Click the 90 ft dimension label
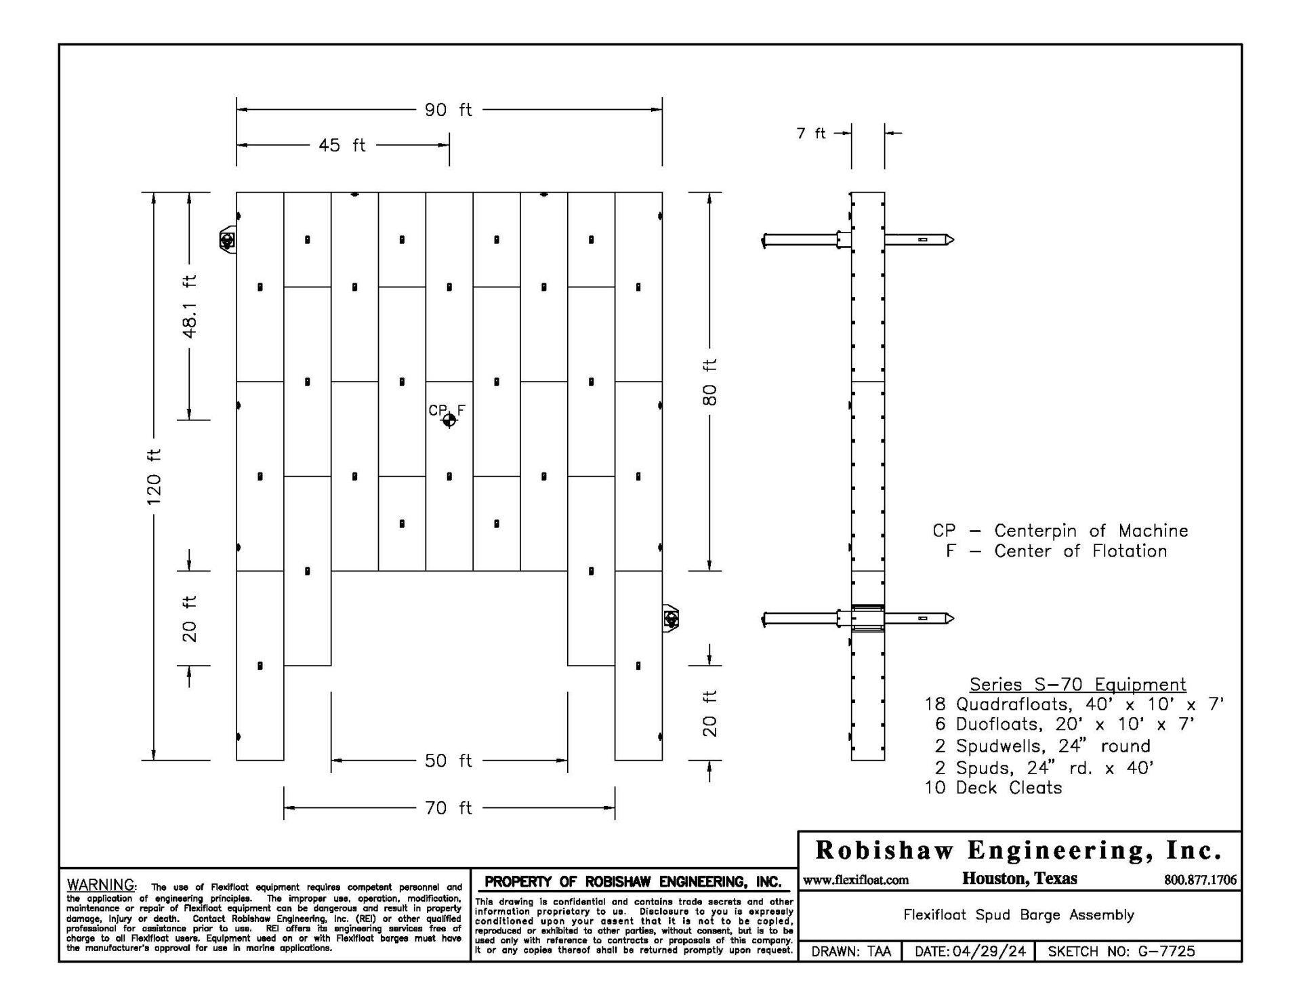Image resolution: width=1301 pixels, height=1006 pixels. [x=448, y=110]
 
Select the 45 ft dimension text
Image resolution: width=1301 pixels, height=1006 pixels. [x=342, y=145]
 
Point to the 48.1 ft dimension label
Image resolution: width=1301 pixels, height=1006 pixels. [x=190, y=307]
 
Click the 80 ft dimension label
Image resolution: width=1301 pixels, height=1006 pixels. [x=709, y=382]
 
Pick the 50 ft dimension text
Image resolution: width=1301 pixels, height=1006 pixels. [x=448, y=761]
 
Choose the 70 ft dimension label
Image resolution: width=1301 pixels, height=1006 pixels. [x=448, y=808]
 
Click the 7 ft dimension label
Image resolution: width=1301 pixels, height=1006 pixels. [x=811, y=134]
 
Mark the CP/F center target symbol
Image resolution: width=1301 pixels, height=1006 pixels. [x=449, y=420]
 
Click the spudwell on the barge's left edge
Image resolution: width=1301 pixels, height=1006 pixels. [x=228, y=240]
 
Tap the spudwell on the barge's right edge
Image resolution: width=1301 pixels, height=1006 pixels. [x=671, y=618]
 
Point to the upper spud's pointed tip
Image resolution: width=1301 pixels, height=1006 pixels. [x=954, y=239]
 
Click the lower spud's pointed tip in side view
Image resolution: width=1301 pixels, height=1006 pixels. [x=954, y=618]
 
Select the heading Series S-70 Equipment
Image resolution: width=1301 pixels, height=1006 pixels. [x=1077, y=684]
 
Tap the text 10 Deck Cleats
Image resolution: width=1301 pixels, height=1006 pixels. [x=993, y=788]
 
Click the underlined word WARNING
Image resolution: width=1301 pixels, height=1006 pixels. [x=101, y=885]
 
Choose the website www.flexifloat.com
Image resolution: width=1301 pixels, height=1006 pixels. [x=856, y=880]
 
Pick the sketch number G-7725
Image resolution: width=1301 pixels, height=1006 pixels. [x=1166, y=951]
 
